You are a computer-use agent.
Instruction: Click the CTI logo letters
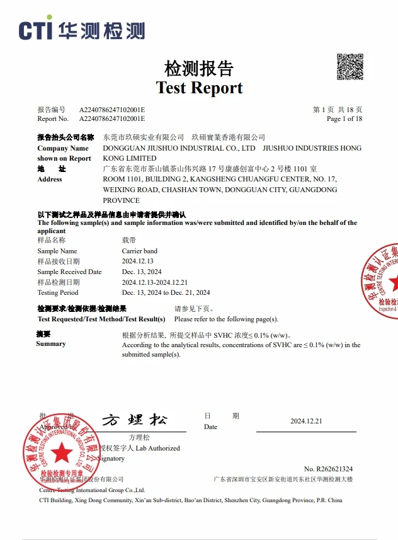click(36, 30)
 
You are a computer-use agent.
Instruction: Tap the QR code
click(350, 67)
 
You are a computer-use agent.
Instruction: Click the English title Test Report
click(199, 88)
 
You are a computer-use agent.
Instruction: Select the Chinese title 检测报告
click(199, 68)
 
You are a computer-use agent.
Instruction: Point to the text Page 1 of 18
click(344, 118)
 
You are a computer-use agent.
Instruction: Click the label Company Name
click(63, 148)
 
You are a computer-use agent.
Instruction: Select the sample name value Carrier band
click(140, 251)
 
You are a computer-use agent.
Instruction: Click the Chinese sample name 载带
click(128, 241)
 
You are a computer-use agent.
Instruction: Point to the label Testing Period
click(58, 292)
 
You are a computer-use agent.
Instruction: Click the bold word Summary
click(51, 343)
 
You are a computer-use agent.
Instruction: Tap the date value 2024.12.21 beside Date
click(306, 421)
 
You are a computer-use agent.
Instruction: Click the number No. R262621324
click(328, 469)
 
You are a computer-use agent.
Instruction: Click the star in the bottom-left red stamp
click(61, 452)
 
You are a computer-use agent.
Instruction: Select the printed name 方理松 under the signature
click(139, 437)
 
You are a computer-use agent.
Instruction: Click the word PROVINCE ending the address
click(121, 200)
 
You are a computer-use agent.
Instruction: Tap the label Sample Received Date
click(69, 272)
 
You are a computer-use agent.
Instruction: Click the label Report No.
click(53, 118)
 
